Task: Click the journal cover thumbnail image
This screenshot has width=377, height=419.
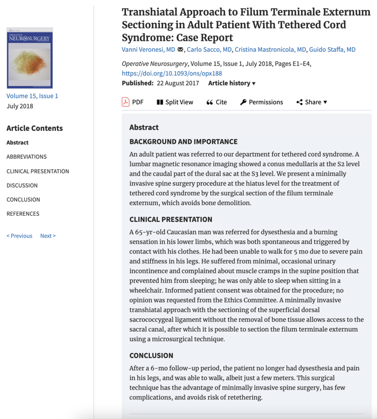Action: [29, 58]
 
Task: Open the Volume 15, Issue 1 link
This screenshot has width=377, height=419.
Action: [32, 95]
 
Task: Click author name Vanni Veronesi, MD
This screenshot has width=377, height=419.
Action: [148, 50]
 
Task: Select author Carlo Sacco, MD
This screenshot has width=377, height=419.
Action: [209, 50]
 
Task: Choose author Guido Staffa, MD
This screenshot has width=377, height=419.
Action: [333, 50]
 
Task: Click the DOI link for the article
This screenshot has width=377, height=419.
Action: [172, 73]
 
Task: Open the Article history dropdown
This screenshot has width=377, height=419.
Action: [232, 83]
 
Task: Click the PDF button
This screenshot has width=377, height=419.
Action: [133, 102]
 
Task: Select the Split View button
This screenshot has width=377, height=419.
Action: [174, 102]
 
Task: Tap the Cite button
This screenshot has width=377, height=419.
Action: [216, 102]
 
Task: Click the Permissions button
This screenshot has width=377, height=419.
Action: [261, 102]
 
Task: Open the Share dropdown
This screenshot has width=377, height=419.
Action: [312, 102]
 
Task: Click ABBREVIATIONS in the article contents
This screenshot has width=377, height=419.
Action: [27, 157]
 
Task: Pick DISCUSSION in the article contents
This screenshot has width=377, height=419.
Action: [22, 185]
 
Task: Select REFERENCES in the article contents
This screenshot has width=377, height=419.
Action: [23, 213]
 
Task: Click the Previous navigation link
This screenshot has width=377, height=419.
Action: [19, 236]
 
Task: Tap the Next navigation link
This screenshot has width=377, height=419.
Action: [48, 236]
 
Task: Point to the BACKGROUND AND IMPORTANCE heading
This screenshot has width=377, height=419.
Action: [183, 141]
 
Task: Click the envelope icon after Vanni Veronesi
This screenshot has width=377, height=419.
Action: [180, 50]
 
